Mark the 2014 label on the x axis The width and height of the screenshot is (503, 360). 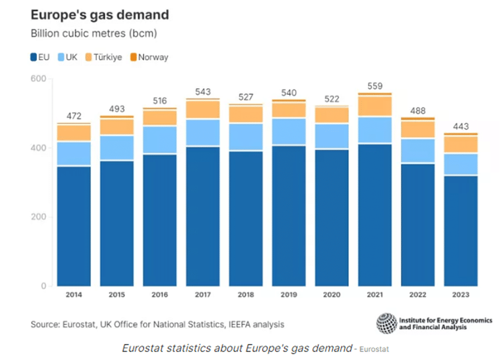(x=73, y=295)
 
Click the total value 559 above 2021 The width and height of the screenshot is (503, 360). (x=375, y=86)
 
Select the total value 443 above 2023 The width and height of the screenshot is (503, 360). (x=461, y=126)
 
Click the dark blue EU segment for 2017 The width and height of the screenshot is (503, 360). (x=203, y=216)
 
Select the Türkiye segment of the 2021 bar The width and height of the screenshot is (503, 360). (x=375, y=106)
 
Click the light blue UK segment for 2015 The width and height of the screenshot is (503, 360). (x=117, y=148)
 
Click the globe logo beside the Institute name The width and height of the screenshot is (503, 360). (x=386, y=324)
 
